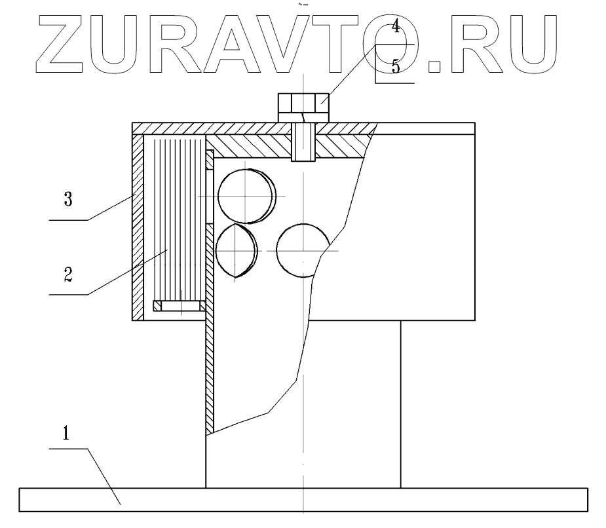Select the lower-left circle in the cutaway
236,250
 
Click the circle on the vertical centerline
302,251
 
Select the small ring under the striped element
179,305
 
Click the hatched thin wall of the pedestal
210,367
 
